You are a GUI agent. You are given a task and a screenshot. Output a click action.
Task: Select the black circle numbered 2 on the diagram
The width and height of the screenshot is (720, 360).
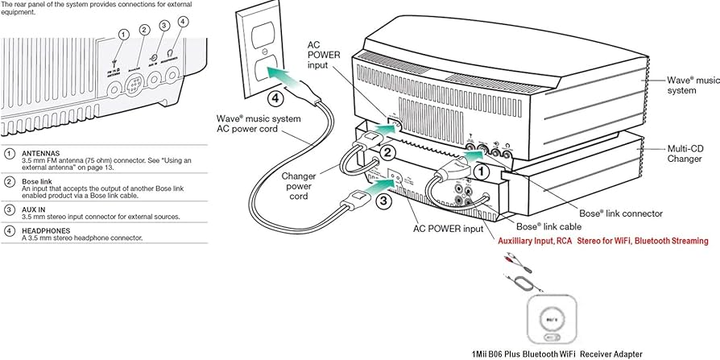tap(387, 152)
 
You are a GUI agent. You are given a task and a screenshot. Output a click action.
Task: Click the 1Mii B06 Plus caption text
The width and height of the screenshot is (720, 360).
tap(557, 354)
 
